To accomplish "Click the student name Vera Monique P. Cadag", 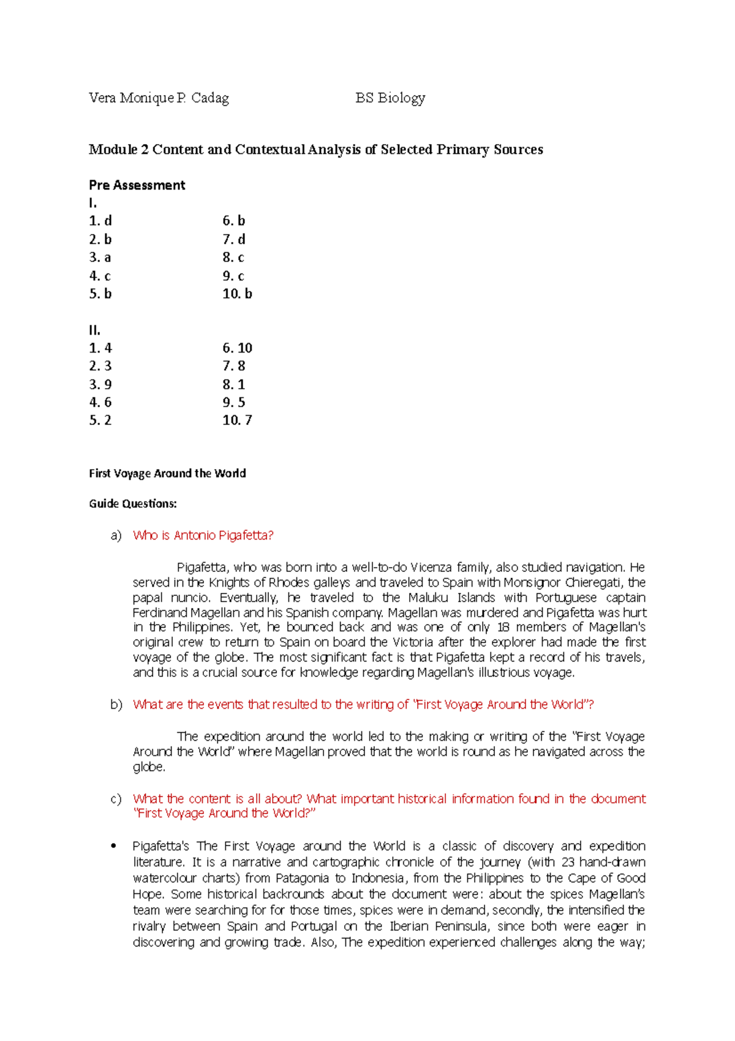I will pyautogui.click(x=159, y=98).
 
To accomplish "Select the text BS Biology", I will pyautogui.click(x=390, y=98).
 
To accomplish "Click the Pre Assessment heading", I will pyautogui.click(x=137, y=185).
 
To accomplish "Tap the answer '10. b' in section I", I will pyautogui.click(x=237, y=294).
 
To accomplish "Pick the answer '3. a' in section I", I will pyautogui.click(x=100, y=257).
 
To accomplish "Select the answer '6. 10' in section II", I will pyautogui.click(x=237, y=348).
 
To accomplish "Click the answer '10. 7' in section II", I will pyautogui.click(x=237, y=420).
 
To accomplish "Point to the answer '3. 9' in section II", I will pyautogui.click(x=100, y=384).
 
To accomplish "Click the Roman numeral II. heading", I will pyautogui.click(x=94, y=330).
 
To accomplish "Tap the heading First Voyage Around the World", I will pyautogui.click(x=167, y=473).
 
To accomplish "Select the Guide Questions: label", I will pyautogui.click(x=132, y=504).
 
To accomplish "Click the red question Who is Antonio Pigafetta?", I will pyautogui.click(x=203, y=535).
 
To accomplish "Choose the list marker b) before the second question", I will pyautogui.click(x=116, y=704).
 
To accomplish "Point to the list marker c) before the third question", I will pyautogui.click(x=116, y=799).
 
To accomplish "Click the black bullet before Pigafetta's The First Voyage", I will pyautogui.click(x=113, y=847).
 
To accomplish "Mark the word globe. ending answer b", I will pyautogui.click(x=149, y=767).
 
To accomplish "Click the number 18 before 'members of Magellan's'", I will pyautogui.click(x=503, y=627).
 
